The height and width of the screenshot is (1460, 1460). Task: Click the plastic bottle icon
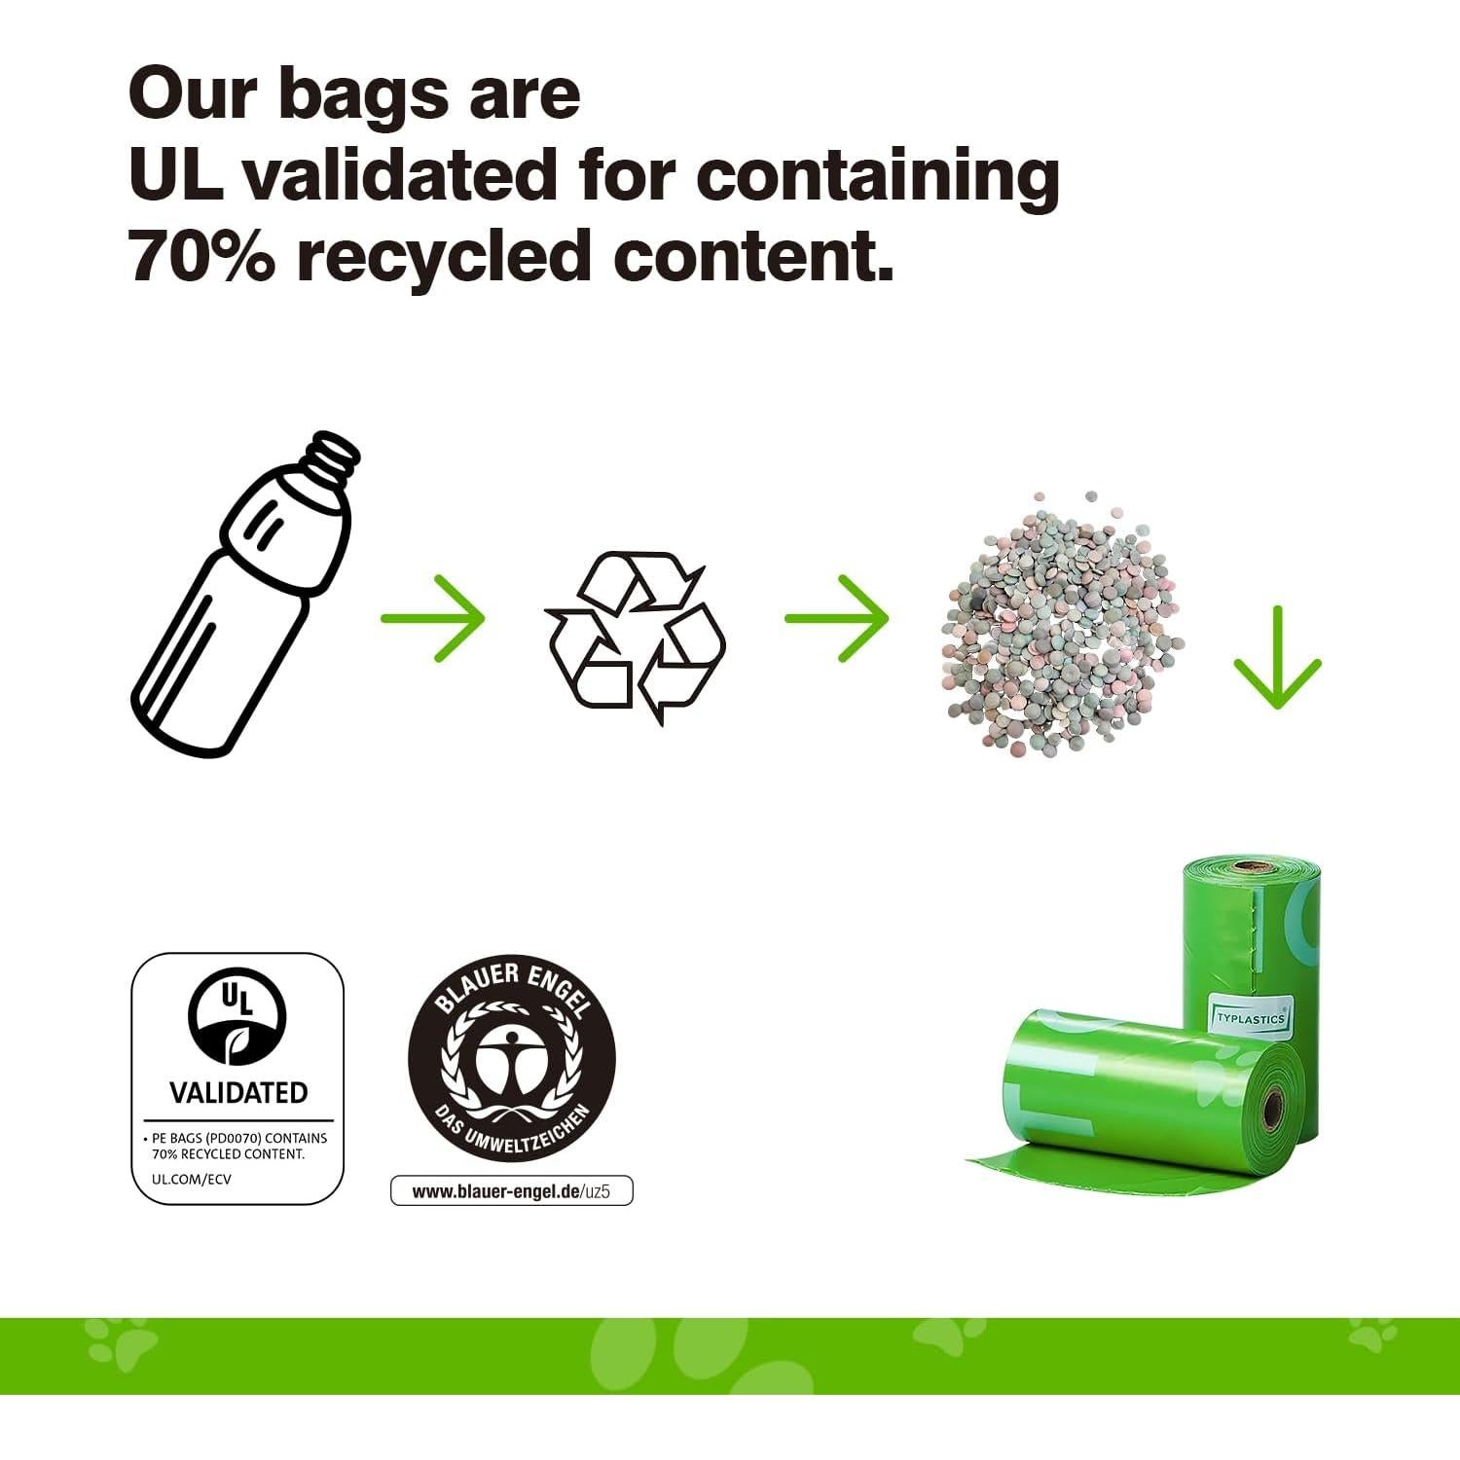click(243, 594)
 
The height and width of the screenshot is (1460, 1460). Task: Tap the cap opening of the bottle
click(334, 454)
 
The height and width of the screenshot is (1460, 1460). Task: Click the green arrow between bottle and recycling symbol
click(432, 618)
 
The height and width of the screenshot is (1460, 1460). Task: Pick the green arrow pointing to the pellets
click(836, 618)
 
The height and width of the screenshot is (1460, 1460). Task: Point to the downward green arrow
click(1277, 657)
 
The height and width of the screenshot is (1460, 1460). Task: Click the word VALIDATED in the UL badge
click(238, 1093)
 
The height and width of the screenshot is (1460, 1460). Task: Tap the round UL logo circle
click(237, 1019)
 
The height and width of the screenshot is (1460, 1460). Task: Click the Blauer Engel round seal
click(511, 1058)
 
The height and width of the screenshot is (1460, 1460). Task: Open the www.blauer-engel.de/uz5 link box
click(511, 1191)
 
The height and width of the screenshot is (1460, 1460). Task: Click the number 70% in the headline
click(201, 257)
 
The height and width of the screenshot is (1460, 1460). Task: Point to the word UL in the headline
click(175, 175)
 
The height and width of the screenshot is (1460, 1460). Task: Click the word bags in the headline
click(362, 94)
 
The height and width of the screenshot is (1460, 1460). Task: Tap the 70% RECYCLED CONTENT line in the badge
click(228, 1154)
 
